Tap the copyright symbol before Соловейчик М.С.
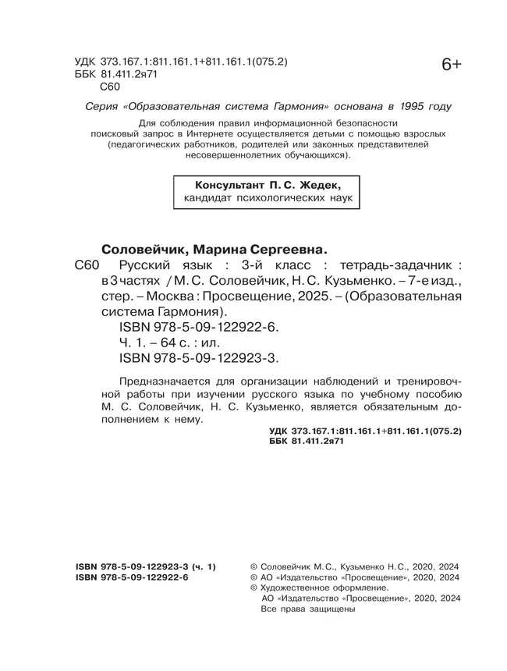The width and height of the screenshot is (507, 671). tap(251, 567)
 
